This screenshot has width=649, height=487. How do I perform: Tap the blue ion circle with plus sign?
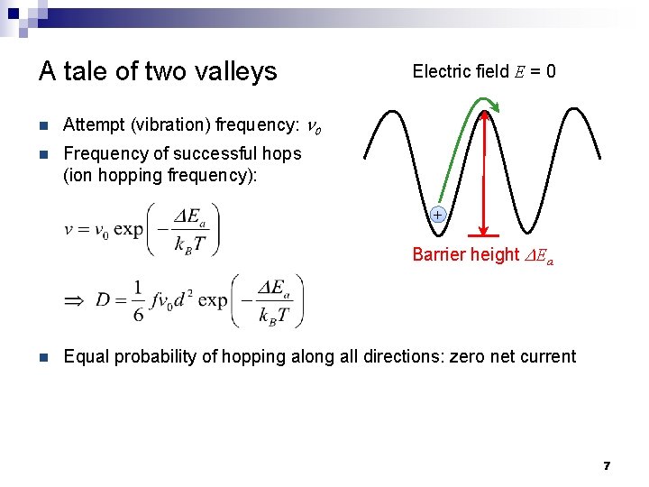437,216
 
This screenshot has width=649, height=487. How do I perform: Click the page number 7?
607,466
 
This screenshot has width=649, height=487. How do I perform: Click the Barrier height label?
465,255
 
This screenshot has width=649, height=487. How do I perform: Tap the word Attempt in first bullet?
95,125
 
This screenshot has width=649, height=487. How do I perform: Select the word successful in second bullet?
187,153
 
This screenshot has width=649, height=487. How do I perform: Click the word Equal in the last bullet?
85,356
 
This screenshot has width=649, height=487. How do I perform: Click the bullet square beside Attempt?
43,125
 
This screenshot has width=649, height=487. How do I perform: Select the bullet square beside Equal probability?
43,356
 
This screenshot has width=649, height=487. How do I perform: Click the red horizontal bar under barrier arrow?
485,236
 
